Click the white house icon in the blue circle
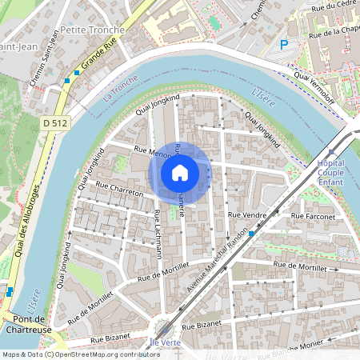180,172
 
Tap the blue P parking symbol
284,46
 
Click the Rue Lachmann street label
158,234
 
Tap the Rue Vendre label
247,215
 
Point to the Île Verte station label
165,342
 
